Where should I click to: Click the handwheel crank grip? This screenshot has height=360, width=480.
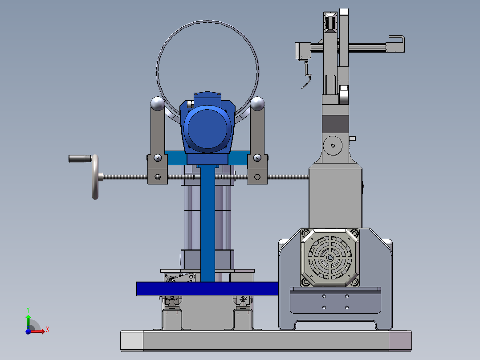[80, 159]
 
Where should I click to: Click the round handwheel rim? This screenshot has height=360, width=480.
[95, 177]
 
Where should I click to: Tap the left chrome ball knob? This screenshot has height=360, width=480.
[158, 103]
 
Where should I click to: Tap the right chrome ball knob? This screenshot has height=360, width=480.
[257, 103]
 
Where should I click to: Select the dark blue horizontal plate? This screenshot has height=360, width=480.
[207, 289]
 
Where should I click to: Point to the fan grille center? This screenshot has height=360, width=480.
[330, 258]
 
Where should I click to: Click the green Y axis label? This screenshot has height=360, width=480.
[28, 310]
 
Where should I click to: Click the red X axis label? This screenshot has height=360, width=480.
[48, 330]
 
